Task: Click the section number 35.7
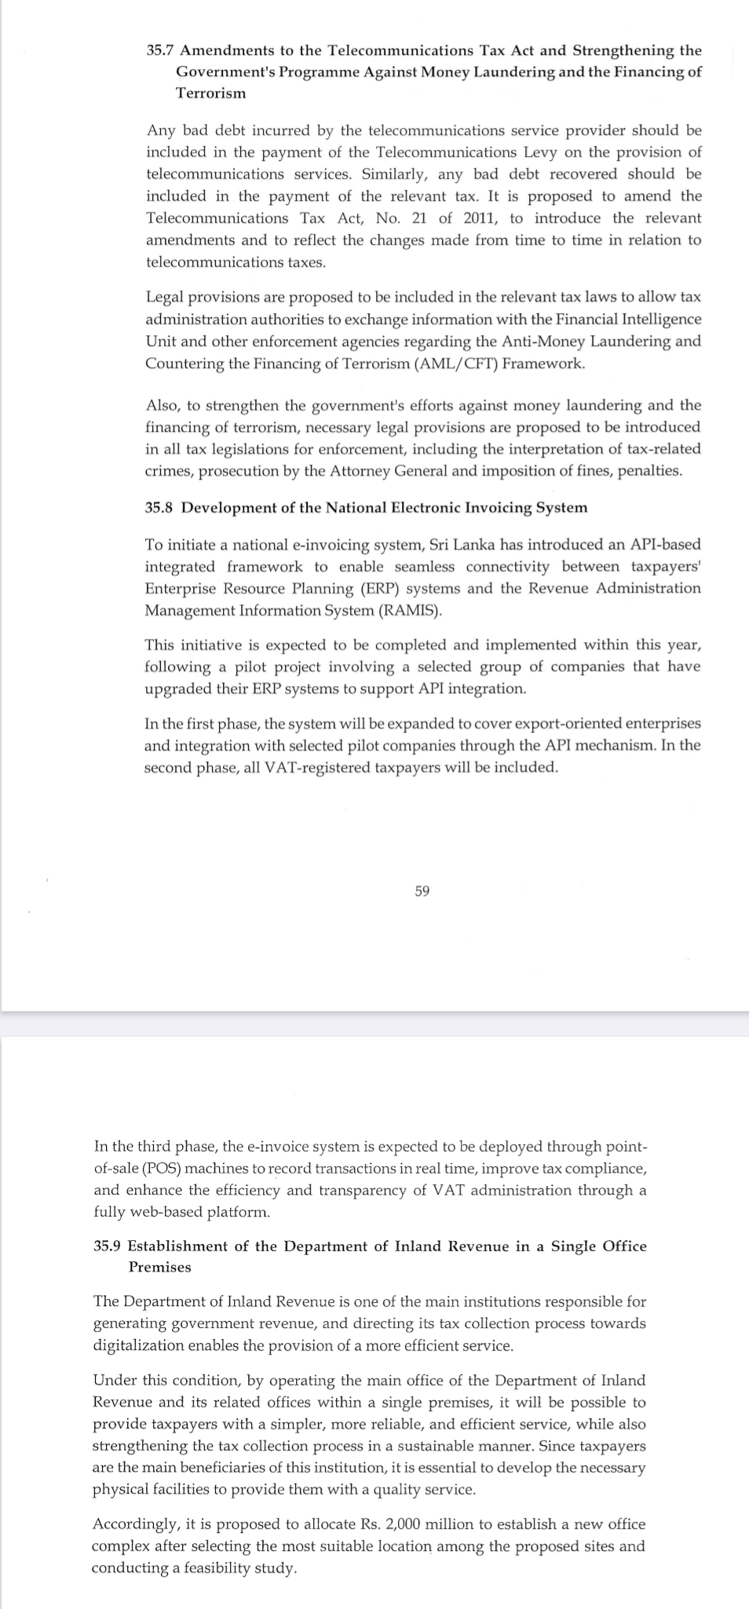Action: click(161, 50)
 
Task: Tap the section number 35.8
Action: click(159, 507)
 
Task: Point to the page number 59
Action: click(422, 891)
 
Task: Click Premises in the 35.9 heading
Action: click(160, 1267)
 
